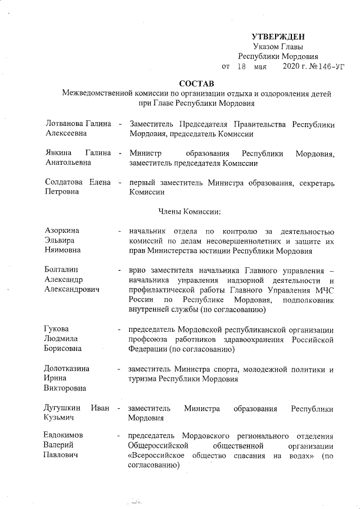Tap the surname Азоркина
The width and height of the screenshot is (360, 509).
point(62,231)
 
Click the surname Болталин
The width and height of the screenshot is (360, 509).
point(62,271)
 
